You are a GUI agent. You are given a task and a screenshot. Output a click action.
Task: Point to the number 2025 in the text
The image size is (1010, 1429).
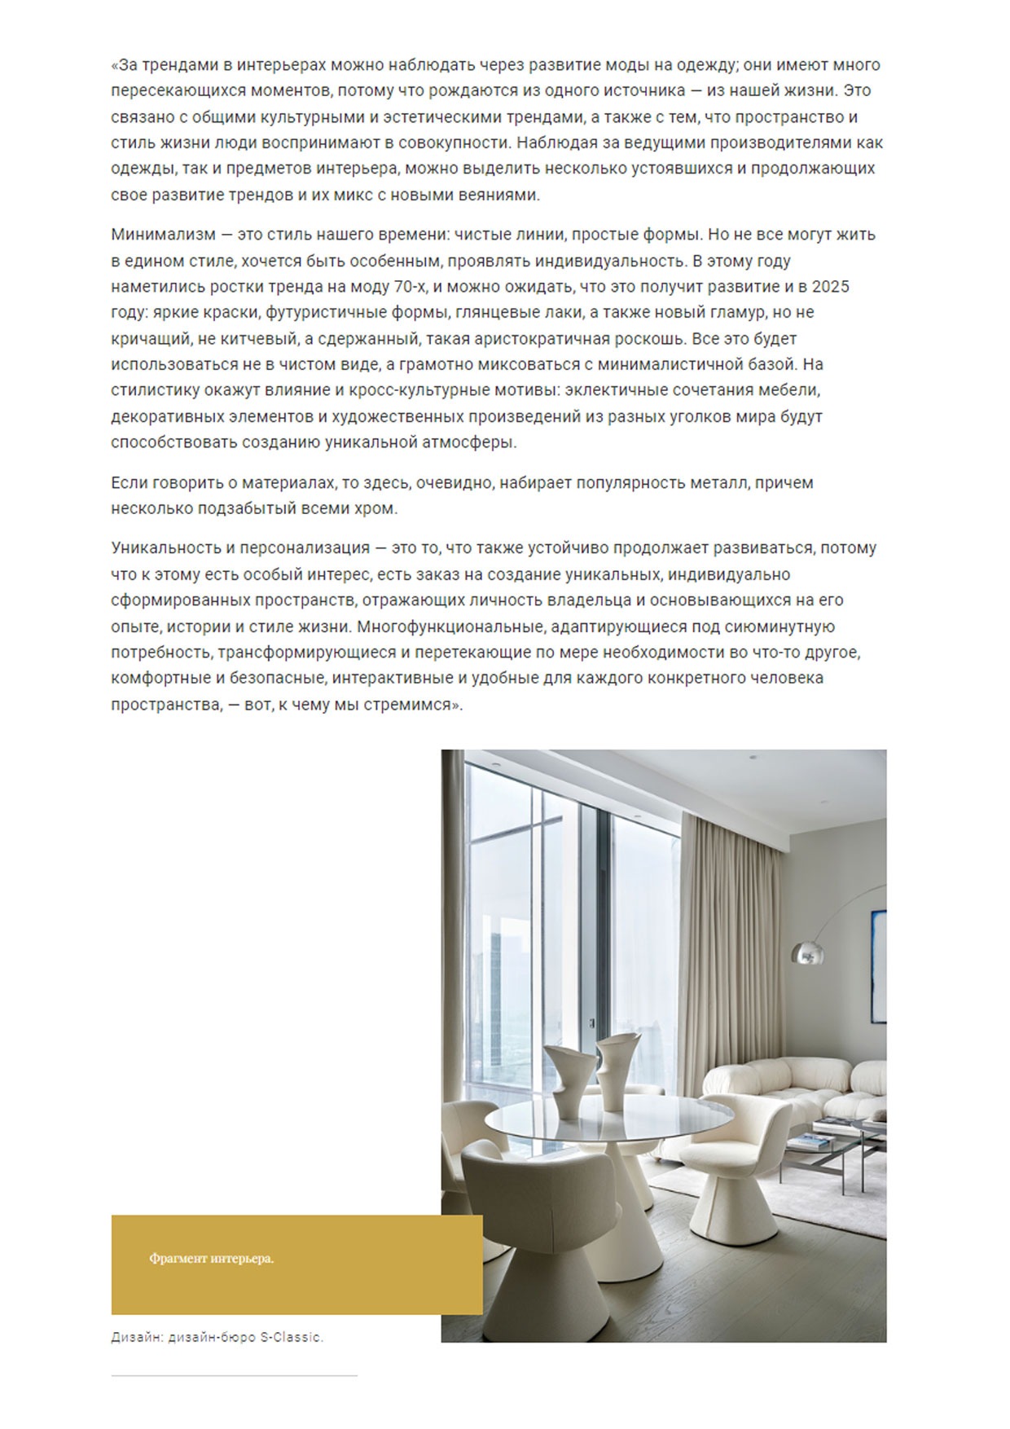(830, 287)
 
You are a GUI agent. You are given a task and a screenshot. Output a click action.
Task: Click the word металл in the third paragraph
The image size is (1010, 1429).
(720, 483)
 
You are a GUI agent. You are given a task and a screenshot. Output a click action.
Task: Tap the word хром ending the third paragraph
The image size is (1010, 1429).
(378, 509)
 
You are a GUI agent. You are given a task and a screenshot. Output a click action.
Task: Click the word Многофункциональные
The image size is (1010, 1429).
(450, 627)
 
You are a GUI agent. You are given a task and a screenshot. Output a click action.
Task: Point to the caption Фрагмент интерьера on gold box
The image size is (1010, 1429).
(211, 1259)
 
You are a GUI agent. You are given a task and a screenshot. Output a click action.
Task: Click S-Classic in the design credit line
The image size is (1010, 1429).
(291, 1338)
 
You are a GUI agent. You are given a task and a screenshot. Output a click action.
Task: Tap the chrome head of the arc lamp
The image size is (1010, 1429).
(806, 951)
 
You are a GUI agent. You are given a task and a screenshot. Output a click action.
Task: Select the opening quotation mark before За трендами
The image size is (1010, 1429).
(115, 65)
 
